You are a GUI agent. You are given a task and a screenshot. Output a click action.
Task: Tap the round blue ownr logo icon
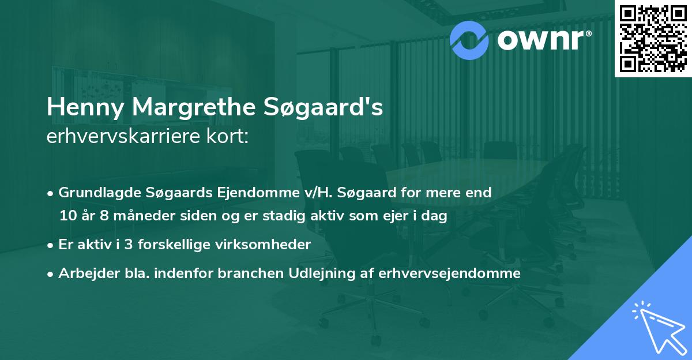point(469,39)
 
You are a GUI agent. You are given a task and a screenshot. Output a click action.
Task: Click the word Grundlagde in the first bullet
point(95,193)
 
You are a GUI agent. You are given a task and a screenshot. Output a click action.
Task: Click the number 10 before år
point(67,216)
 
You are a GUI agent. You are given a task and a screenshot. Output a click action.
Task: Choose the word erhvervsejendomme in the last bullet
point(449,273)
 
